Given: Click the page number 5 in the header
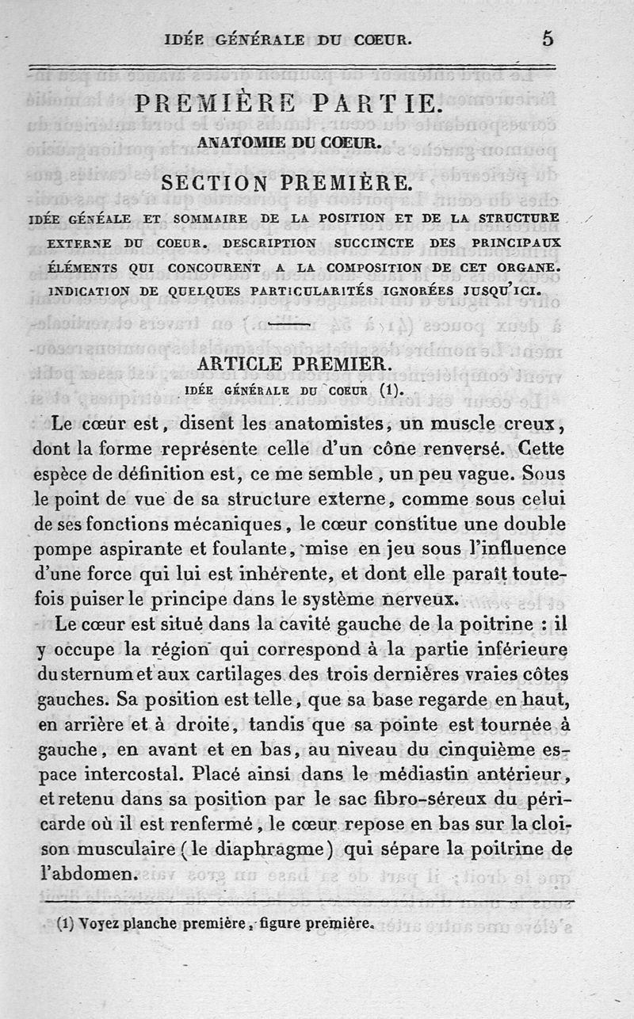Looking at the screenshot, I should (x=548, y=39).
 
